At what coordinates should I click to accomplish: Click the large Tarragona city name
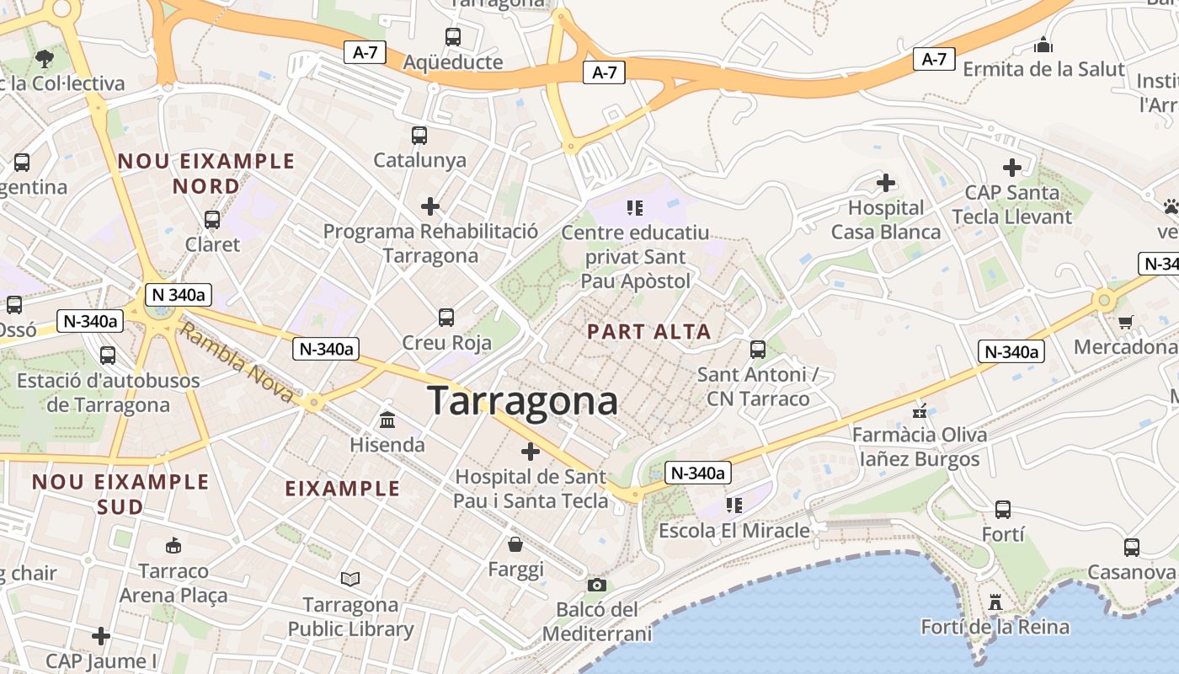pyautogui.click(x=522, y=401)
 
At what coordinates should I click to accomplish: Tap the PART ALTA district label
pyautogui.click(x=649, y=332)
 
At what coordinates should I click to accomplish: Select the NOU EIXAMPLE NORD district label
pyautogui.click(x=206, y=173)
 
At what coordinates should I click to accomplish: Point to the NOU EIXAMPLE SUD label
pyautogui.click(x=120, y=494)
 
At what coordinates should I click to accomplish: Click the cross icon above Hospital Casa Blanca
pyautogui.click(x=885, y=182)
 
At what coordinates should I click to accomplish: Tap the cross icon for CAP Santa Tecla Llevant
pyautogui.click(x=1011, y=168)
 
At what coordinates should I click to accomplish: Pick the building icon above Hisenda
pyautogui.click(x=387, y=419)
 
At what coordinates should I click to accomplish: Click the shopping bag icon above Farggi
pyautogui.click(x=515, y=544)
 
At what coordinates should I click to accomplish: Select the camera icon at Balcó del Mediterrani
pyautogui.click(x=596, y=585)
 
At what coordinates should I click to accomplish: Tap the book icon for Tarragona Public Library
pyautogui.click(x=350, y=579)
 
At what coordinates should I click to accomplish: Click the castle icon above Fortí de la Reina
pyautogui.click(x=995, y=602)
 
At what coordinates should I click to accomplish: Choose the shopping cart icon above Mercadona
pyautogui.click(x=1126, y=321)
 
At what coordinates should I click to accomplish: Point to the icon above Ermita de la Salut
pyautogui.click(x=1043, y=44)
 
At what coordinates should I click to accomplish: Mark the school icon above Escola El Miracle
pyautogui.click(x=734, y=505)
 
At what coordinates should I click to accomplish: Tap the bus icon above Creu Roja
pyautogui.click(x=446, y=318)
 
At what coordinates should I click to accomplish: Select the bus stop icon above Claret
pyautogui.click(x=212, y=220)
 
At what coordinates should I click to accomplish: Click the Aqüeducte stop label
pyautogui.click(x=453, y=62)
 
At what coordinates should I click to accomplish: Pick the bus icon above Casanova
pyautogui.click(x=1132, y=548)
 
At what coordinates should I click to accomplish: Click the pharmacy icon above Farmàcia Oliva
pyautogui.click(x=920, y=411)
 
